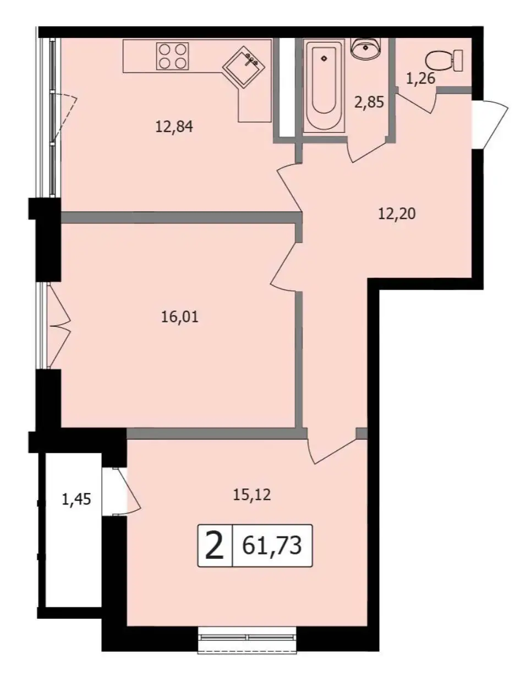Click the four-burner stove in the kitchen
173,56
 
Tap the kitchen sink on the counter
244,67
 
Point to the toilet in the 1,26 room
444,60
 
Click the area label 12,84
174,127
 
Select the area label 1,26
420,78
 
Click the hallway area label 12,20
397,214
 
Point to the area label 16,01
179,317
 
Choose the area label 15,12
252,495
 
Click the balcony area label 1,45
76,499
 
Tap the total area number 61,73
272,546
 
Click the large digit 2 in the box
215,546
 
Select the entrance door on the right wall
489,124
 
